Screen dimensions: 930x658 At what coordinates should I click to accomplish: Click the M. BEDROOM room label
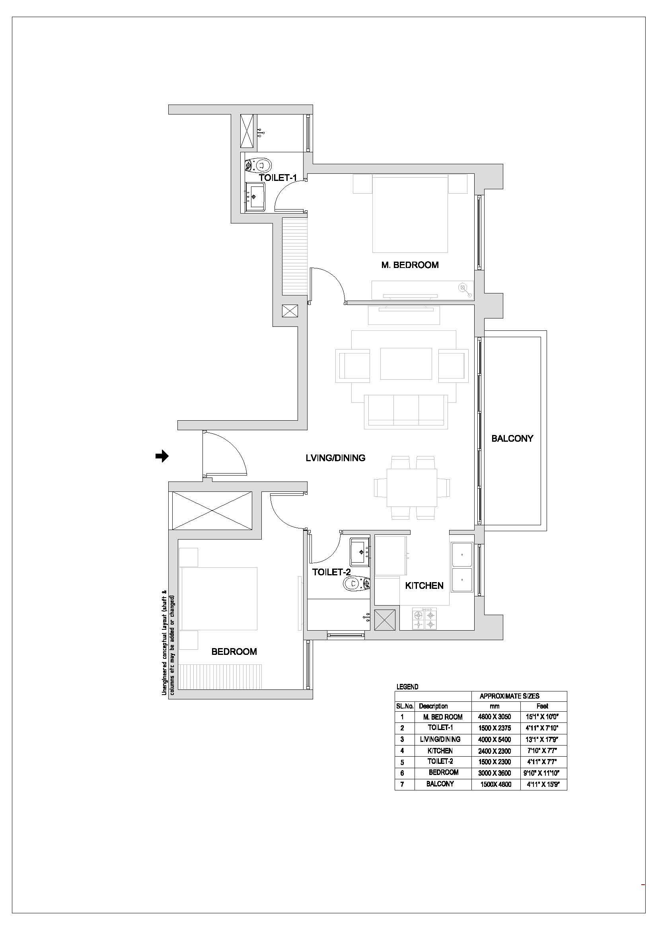[410, 265]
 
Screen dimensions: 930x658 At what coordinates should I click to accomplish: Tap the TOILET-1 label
[278, 177]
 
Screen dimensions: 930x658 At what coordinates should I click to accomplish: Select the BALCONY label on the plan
[512, 438]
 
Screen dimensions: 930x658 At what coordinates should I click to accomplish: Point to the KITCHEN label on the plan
[424, 585]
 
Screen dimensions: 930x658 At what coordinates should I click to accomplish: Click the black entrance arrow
[162, 456]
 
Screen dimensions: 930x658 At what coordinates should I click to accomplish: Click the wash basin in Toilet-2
[360, 552]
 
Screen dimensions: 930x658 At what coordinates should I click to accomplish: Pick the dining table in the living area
[412, 487]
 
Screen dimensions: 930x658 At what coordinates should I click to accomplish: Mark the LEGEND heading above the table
[407, 687]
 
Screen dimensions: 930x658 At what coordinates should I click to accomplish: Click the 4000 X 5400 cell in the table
[494, 739]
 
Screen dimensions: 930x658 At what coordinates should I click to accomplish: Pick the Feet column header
[542, 706]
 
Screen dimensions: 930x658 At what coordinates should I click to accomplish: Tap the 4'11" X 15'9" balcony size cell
[543, 784]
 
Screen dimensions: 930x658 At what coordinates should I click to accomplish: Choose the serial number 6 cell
[402, 773]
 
